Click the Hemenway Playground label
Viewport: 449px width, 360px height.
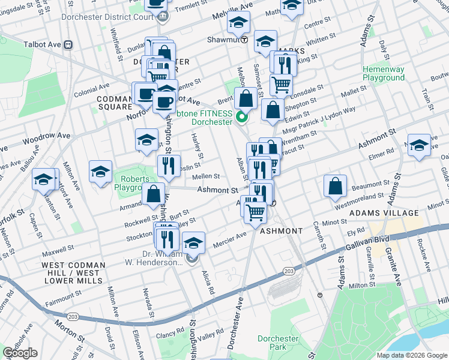[383, 74]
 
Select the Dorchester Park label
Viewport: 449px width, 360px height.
[278, 343]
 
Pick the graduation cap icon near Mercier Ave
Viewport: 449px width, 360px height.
[193, 242]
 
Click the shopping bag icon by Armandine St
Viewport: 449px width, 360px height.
[154, 193]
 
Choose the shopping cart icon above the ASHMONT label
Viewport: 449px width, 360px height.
[256, 211]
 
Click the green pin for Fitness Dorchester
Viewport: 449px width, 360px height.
[243, 117]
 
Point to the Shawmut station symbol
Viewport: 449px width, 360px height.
[244, 40]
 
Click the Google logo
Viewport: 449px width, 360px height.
[20, 353]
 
